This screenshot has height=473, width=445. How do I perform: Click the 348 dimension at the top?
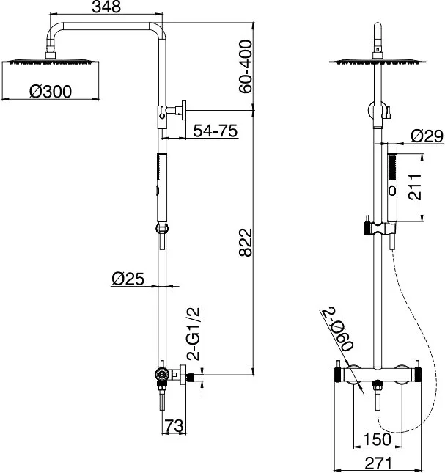point(106,7)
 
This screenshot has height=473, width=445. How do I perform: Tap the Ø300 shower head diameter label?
point(51,92)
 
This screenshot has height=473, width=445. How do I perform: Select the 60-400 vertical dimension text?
point(245,67)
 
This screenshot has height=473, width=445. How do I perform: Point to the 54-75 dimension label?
point(216,131)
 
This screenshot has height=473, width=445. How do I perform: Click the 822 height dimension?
point(246,243)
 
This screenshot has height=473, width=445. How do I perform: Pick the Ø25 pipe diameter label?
point(128,279)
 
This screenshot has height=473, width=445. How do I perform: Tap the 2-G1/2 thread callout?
point(194,334)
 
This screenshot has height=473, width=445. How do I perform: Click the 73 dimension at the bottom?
point(174,426)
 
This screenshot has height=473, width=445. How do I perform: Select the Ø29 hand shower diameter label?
point(427,136)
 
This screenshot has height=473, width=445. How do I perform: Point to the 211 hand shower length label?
point(415,187)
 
